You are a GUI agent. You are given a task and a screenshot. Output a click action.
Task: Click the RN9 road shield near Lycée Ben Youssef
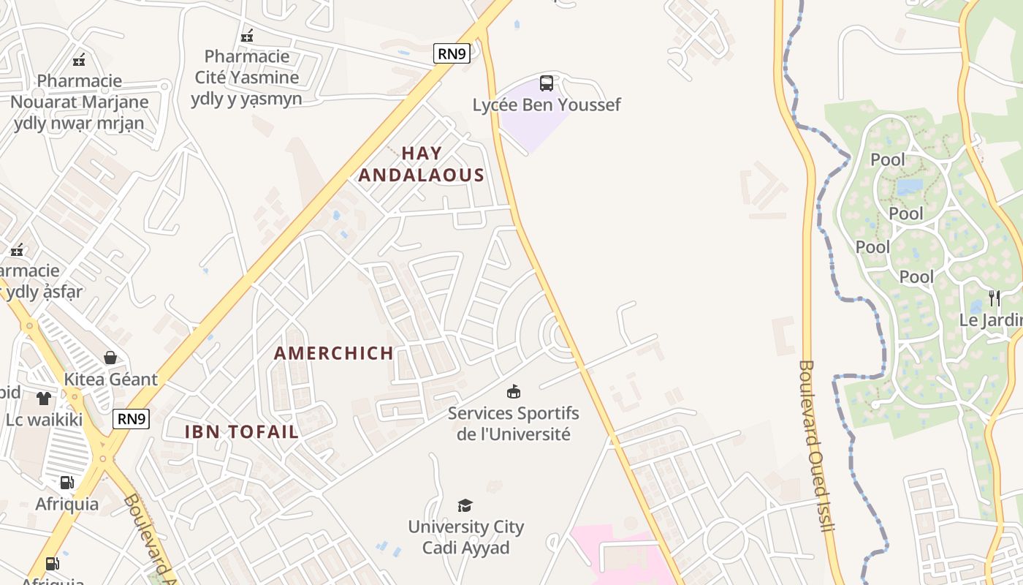(452, 53)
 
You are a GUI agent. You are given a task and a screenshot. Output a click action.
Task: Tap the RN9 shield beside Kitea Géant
(132, 419)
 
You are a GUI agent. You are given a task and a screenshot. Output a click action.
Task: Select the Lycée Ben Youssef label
(547, 105)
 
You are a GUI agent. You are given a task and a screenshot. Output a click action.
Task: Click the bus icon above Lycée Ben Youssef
(547, 83)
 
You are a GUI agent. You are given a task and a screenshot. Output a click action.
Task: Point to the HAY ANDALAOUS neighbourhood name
(422, 164)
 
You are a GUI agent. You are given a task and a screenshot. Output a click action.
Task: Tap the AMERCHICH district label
(334, 353)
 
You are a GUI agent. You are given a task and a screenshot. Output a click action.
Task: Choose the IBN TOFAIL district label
(242, 431)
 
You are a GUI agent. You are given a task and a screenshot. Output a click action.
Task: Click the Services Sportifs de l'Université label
(513, 423)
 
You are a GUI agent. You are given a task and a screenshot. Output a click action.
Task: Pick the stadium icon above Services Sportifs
(514, 392)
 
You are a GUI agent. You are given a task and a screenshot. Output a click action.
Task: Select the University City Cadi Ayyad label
(465, 537)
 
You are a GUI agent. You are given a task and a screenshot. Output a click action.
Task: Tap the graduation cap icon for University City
(465, 505)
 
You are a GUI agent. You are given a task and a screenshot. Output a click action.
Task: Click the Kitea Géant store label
(110, 379)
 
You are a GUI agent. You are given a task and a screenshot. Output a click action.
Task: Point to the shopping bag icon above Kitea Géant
(110, 358)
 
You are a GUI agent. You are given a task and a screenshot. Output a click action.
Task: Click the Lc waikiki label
(44, 420)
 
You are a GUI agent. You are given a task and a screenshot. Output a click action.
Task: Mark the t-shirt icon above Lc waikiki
(44, 399)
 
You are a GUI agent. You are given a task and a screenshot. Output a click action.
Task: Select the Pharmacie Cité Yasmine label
(246, 77)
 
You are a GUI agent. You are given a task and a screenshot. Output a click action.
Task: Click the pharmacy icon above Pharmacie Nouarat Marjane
(79, 59)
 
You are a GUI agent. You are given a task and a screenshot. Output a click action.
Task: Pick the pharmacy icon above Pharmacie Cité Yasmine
(247, 35)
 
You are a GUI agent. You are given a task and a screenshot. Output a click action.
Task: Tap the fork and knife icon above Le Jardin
(995, 298)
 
